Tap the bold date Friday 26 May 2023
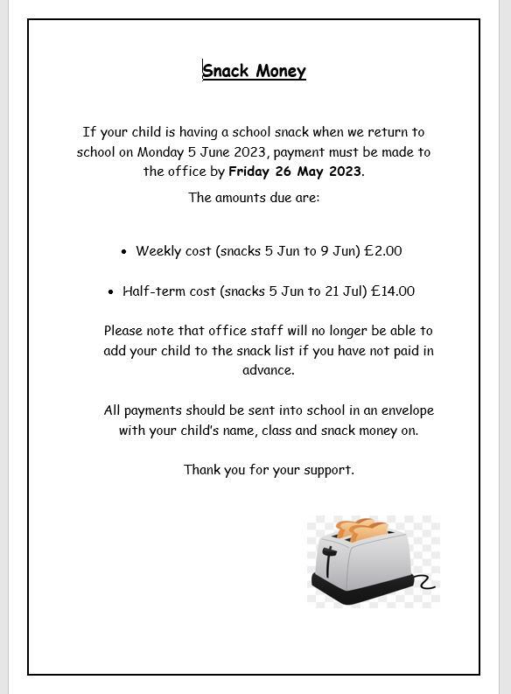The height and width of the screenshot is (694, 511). [x=295, y=172]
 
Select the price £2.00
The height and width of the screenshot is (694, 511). [x=382, y=251]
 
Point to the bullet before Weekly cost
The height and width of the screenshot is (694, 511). [x=124, y=252]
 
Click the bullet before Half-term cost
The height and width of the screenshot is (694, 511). [x=111, y=292]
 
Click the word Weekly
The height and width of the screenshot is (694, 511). [x=158, y=251]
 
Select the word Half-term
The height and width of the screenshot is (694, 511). [x=153, y=291]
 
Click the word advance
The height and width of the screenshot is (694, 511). [x=268, y=370]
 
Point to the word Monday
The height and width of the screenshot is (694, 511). [x=164, y=151]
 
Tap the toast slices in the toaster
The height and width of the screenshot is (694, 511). [x=361, y=528]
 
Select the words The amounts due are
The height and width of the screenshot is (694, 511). [x=254, y=198]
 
